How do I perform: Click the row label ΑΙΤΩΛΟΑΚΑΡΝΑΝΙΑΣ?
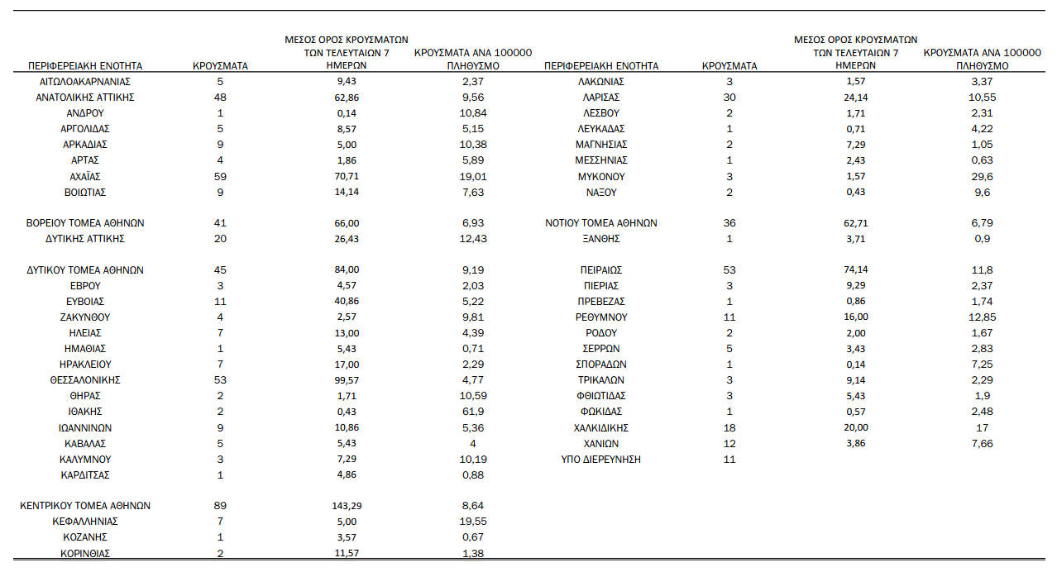tap(85, 82)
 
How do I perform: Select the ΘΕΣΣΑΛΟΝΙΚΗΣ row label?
tap(85, 380)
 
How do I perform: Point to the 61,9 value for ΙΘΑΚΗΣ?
tap(473, 412)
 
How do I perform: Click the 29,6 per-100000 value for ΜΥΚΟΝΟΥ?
tap(982, 177)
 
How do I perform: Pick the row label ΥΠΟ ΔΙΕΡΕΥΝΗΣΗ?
tap(601, 460)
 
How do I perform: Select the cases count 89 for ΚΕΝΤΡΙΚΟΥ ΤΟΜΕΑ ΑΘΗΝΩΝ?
tap(220, 506)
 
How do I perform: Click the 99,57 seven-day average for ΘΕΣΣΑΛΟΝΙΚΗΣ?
tap(346, 380)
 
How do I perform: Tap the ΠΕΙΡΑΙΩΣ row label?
tap(601, 270)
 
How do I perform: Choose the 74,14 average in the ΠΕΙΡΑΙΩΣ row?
tap(856, 270)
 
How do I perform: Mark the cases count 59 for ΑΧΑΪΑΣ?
tap(220, 177)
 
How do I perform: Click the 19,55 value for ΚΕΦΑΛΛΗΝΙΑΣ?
tap(473, 522)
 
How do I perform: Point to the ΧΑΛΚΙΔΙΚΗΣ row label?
tap(601, 428)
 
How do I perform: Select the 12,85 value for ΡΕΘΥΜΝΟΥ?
tap(982, 317)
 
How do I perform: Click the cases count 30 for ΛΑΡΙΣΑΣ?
tap(729, 98)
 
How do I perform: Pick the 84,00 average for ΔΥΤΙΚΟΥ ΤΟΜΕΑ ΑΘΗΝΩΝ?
tap(346, 270)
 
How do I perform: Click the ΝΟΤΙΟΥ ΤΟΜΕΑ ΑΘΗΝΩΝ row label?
tap(601, 223)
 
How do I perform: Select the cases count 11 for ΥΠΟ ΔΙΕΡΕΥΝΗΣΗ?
tap(729, 460)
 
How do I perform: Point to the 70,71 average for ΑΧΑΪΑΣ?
tap(346, 177)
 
